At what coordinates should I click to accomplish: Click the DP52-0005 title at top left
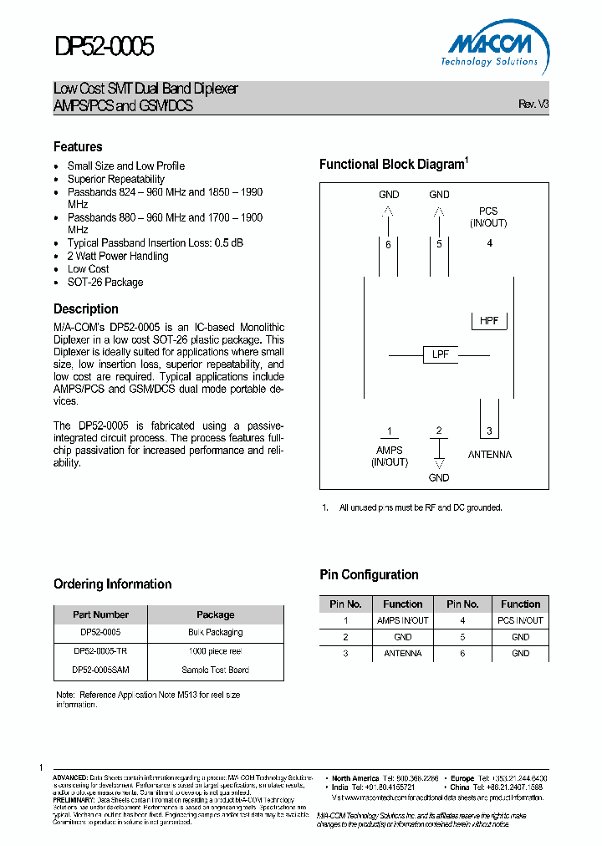coord(105,46)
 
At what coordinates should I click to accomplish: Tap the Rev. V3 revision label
coord(533,104)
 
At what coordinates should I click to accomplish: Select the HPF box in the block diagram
coord(489,321)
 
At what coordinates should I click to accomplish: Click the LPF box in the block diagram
coord(440,354)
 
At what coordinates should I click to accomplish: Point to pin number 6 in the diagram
coord(388,245)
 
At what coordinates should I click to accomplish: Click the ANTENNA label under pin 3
coord(490,455)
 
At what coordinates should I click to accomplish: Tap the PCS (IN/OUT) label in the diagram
coord(488,217)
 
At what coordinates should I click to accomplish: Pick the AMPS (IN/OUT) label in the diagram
coord(389,456)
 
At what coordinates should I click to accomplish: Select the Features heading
coord(78,146)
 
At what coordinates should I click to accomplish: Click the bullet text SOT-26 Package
coord(105,283)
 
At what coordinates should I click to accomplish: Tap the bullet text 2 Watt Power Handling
coord(118,256)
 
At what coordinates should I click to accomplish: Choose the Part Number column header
coord(100,614)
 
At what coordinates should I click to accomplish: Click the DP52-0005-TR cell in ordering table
coord(100,650)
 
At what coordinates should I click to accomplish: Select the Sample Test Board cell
coord(215,670)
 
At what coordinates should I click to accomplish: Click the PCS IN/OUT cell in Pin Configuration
coord(520,620)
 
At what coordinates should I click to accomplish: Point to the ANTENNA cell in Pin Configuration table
coord(402,653)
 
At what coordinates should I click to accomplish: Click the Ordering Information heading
coord(112,584)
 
